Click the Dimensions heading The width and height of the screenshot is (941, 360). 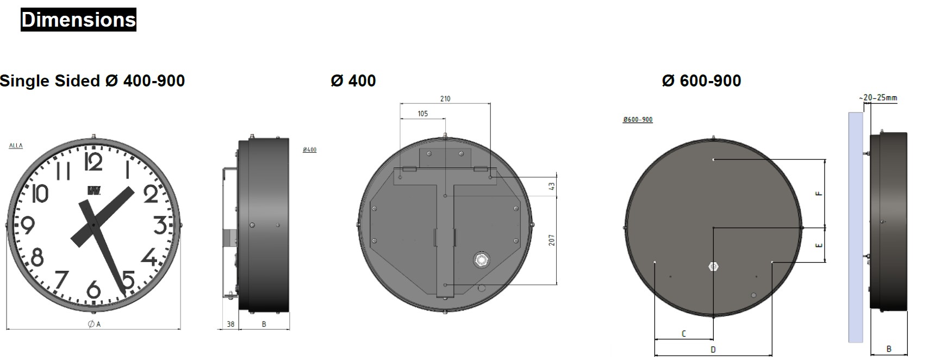(x=78, y=20)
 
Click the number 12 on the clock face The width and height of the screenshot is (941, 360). (x=94, y=162)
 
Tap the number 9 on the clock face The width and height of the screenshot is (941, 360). (x=28, y=225)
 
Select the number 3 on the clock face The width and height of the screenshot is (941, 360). (x=160, y=225)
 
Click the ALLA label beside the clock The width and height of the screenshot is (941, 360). (x=16, y=146)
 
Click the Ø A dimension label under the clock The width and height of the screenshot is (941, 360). (x=94, y=324)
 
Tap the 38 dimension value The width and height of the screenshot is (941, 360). (x=230, y=324)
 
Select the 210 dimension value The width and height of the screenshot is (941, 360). (x=445, y=98)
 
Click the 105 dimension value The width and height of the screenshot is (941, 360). (x=422, y=114)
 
